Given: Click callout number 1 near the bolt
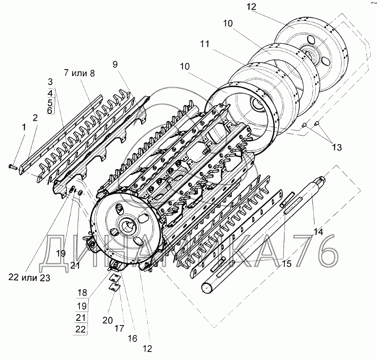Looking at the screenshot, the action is (x=24, y=127).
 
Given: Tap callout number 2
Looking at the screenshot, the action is (x=35, y=118).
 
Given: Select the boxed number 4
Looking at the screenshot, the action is (x=50, y=92).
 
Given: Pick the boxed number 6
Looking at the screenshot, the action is (x=50, y=110).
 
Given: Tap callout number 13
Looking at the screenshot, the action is (x=336, y=147).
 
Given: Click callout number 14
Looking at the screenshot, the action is (x=318, y=232).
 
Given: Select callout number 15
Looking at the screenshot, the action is (x=287, y=264).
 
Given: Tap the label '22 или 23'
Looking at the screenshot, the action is (x=29, y=278).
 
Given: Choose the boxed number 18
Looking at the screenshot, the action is (x=82, y=292).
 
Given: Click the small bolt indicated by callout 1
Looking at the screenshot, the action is (x=12, y=167).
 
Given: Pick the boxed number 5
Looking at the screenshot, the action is (x=50, y=102).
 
